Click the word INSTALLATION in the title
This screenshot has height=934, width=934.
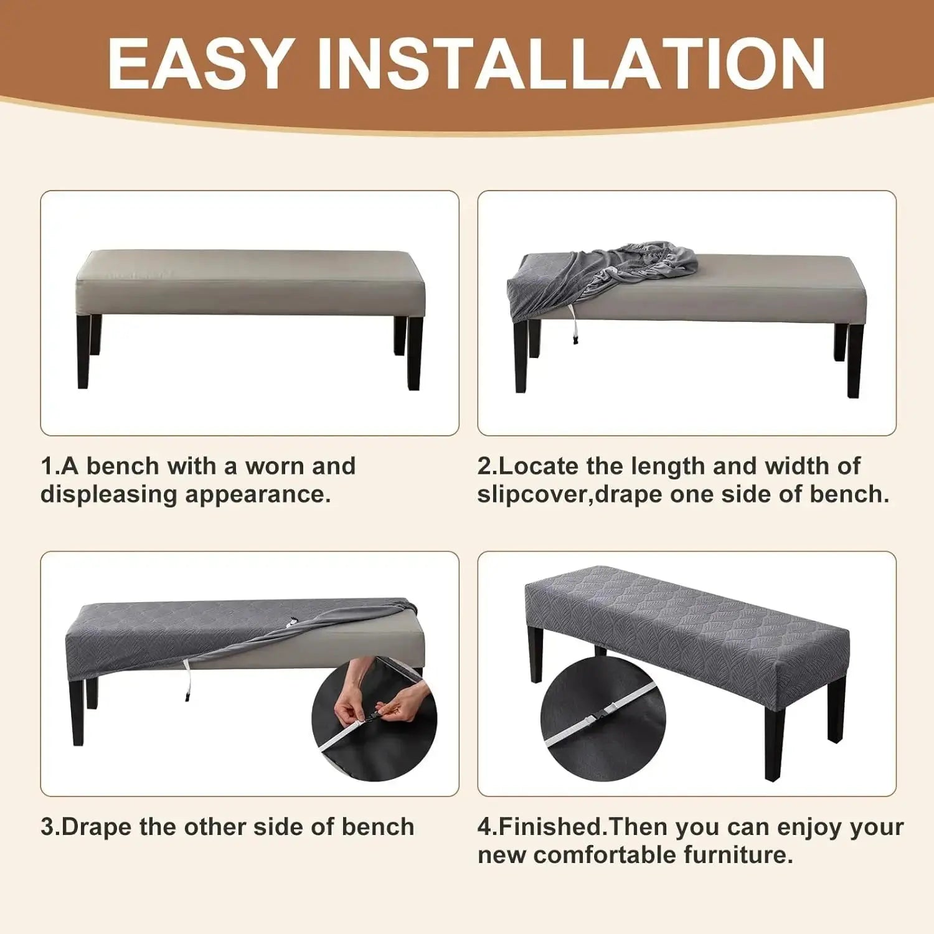pyautogui.click(x=571, y=64)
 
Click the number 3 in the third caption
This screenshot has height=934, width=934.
pyautogui.click(x=47, y=827)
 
